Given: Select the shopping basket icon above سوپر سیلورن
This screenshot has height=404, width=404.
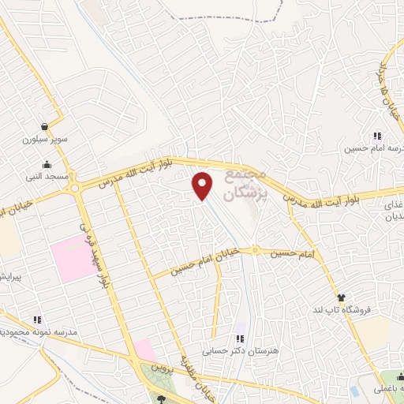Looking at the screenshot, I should (x=46, y=125).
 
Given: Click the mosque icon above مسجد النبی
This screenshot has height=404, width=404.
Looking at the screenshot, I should (x=48, y=165).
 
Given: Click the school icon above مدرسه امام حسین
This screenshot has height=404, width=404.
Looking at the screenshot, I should (x=375, y=134).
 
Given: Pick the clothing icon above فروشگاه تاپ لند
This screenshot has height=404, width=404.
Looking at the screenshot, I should (x=341, y=297).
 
